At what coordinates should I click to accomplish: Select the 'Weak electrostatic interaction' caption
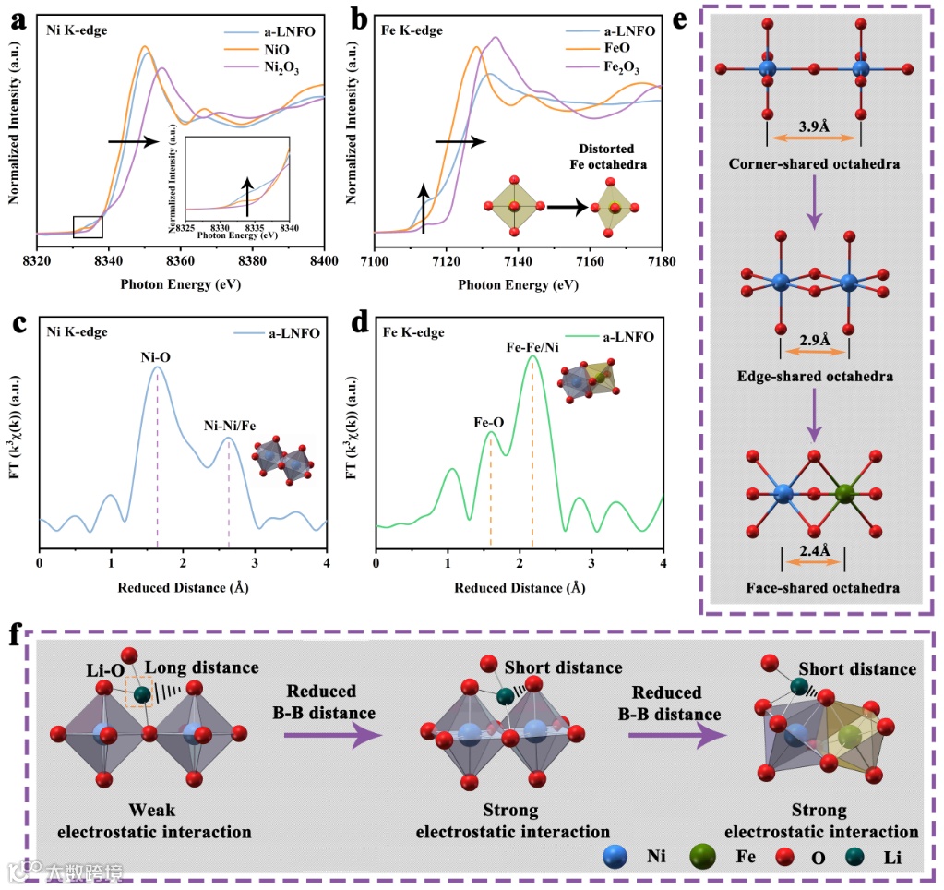click(x=154, y=821)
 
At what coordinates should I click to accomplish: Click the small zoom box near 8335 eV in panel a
click(x=88, y=226)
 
